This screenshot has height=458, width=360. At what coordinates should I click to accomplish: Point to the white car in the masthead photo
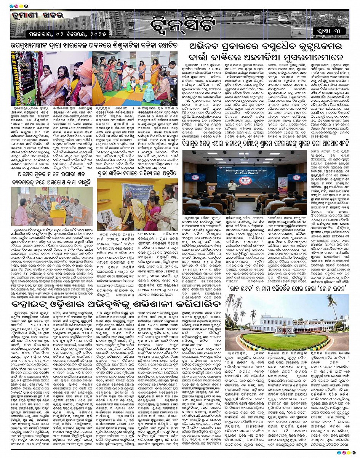click(x=284, y=19)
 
